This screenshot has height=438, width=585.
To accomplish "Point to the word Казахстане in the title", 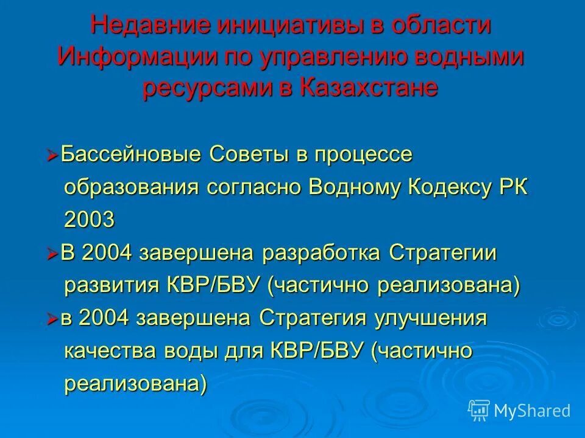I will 368,88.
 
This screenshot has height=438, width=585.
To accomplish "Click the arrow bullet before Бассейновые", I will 52,156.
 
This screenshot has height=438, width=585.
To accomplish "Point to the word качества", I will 112,352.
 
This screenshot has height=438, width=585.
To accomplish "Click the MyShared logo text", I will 532,411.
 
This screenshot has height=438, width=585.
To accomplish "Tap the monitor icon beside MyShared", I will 479,411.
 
